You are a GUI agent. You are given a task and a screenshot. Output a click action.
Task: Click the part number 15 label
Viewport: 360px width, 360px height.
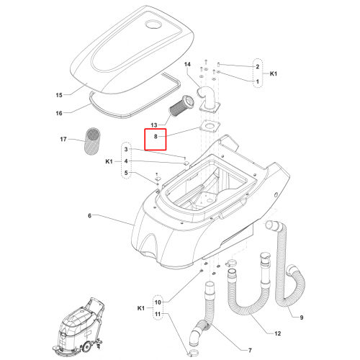59,95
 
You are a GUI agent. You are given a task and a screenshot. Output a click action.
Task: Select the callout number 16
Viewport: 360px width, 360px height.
59,113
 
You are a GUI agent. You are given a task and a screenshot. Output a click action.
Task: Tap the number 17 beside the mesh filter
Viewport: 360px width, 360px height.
63,139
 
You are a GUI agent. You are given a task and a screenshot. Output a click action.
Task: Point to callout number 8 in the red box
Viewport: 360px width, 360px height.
156,137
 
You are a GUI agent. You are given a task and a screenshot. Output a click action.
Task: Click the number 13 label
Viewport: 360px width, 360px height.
154,125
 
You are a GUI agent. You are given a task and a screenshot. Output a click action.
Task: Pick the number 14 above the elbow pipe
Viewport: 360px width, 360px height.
187,64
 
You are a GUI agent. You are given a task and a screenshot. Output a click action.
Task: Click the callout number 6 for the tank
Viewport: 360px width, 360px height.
89,216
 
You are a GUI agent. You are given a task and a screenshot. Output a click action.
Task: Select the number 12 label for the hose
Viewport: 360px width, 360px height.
277,333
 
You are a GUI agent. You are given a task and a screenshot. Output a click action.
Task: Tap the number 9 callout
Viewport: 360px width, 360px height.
302,318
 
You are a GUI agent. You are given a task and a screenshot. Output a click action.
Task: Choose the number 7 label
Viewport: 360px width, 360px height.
250,351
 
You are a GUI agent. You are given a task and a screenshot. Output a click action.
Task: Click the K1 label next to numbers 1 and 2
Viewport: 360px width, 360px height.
274,73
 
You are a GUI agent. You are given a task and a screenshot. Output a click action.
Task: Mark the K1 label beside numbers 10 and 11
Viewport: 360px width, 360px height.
141,308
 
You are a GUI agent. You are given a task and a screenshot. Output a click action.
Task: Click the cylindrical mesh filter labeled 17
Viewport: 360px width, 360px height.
93,141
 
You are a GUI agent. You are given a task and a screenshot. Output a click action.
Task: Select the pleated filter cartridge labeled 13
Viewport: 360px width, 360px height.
179,106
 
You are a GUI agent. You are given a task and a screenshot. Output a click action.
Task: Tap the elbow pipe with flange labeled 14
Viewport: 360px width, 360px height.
208,100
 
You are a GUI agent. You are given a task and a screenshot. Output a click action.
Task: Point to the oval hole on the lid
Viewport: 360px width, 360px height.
154,25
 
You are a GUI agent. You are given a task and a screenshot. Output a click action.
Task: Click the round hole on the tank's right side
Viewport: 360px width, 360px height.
276,194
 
